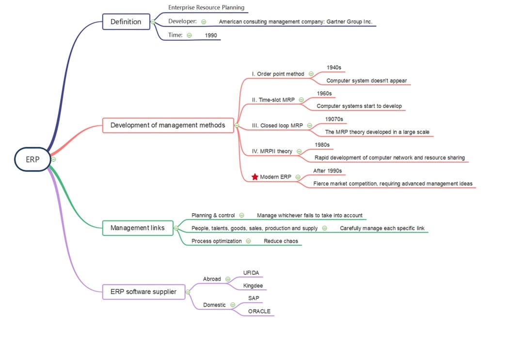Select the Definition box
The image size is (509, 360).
[x=126, y=22]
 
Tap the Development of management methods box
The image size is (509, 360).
[x=168, y=125]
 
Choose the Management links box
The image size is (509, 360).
[x=138, y=228]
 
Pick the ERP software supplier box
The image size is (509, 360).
[x=143, y=292]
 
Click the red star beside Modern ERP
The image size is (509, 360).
[x=255, y=177]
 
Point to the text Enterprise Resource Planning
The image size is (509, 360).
[x=206, y=8]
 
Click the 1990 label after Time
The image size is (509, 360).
[x=211, y=35]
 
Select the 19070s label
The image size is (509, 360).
[x=334, y=119]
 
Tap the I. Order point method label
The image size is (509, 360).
[x=278, y=74]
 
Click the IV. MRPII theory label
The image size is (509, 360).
[x=272, y=151]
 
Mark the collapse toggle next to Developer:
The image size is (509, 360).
[x=204, y=22]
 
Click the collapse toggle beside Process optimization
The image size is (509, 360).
[x=248, y=241]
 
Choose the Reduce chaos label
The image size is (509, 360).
[x=281, y=241]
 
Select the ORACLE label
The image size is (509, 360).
[x=259, y=312]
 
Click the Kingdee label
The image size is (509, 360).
[x=253, y=286]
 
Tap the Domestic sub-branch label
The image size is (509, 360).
[x=214, y=305]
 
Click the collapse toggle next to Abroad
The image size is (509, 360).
[x=228, y=279]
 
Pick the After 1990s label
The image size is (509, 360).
[x=327, y=171]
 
